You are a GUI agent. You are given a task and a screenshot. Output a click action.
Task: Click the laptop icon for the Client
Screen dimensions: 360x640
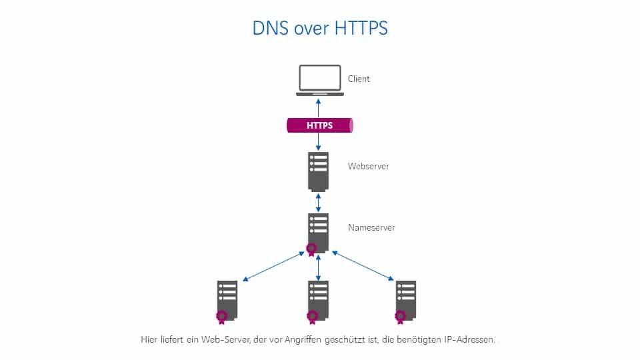[319, 80]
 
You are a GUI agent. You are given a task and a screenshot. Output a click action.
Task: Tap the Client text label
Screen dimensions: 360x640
[359, 79]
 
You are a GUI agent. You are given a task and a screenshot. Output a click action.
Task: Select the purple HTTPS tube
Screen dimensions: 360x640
[319, 125]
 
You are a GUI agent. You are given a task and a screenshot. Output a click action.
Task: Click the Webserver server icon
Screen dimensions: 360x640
[319, 171]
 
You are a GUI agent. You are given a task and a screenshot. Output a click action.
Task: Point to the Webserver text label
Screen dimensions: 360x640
[368, 166]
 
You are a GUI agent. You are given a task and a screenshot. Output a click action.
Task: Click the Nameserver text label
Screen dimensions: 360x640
[371, 227]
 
